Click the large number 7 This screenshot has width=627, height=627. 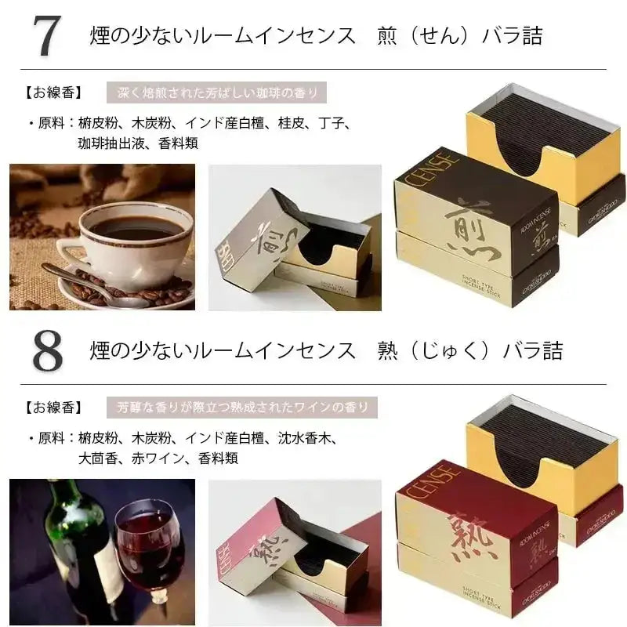(47, 36)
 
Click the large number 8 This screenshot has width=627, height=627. (47, 350)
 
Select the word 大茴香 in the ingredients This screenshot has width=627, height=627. (99, 458)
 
